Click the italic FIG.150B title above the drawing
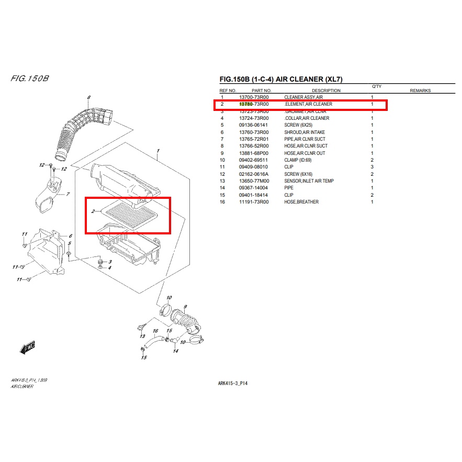[x=30, y=79]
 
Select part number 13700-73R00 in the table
[x=253, y=97]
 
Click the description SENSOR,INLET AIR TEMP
[x=309, y=181]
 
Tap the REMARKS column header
[x=420, y=91]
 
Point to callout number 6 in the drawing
[x=88, y=98]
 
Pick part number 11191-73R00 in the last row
[x=253, y=202]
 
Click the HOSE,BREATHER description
[x=301, y=202]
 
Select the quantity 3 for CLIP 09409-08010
[x=372, y=167]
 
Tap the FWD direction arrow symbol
[x=27, y=347]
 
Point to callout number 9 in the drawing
[x=185, y=307]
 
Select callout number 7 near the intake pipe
[x=67, y=194]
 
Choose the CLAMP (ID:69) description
[x=301, y=160]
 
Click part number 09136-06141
[x=253, y=125]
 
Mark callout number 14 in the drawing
[x=175, y=351]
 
